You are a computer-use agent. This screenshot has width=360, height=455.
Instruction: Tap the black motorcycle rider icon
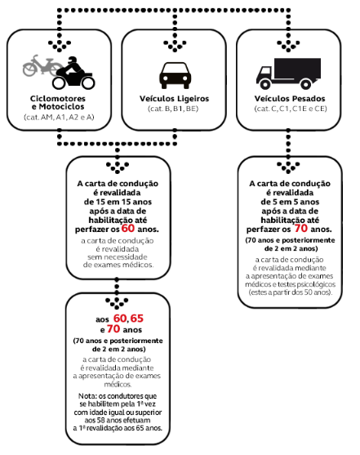coord(73,73)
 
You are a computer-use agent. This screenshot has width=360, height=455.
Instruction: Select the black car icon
coord(175,75)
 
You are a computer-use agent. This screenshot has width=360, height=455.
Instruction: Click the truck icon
coord(288,74)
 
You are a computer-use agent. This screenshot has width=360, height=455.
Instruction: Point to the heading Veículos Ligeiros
coord(175,99)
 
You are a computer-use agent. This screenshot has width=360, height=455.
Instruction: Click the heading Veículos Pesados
coord(290,99)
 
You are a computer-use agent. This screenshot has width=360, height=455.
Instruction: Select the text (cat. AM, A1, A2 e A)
coord(59,118)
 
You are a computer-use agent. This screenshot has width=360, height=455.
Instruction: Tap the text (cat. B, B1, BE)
coord(173,109)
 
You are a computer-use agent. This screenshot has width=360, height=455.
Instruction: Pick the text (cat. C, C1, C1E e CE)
coord(291,109)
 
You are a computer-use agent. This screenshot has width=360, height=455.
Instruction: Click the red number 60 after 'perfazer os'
coord(128,229)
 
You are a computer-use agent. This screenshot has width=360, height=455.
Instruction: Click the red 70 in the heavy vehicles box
coord(301,229)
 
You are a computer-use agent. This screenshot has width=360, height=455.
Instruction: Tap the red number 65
coord(136,319)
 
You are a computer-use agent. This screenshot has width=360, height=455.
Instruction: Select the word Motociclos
coord(61,107)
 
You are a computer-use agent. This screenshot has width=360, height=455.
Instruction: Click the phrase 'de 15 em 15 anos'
coord(118,202)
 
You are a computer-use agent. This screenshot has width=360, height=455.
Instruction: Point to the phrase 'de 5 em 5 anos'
coord(290,202)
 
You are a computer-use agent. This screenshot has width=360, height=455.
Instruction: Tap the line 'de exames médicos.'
coord(118,265)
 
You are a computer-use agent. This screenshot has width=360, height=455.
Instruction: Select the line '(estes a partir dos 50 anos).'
coord(290,292)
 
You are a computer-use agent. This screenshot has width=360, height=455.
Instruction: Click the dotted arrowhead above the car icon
coord(175,46)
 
